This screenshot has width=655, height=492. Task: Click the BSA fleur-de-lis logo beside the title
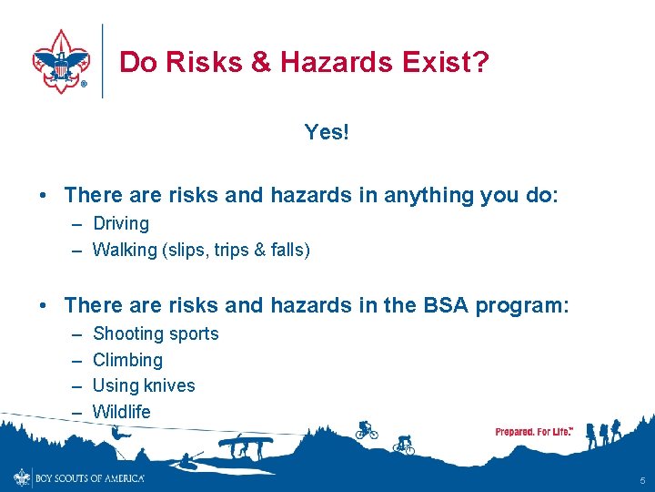(60, 60)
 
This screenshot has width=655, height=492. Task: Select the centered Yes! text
(327, 132)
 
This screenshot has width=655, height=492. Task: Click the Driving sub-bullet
(121, 223)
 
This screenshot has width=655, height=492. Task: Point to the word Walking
(125, 250)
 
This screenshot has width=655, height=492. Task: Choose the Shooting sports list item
(156, 333)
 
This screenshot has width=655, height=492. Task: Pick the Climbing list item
(127, 360)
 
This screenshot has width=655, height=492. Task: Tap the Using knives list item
(144, 385)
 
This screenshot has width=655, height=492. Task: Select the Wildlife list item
(122, 412)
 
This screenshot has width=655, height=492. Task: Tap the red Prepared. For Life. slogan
(533, 431)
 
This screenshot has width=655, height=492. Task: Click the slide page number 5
(641, 480)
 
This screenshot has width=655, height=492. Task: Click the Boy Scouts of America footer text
(89, 477)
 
